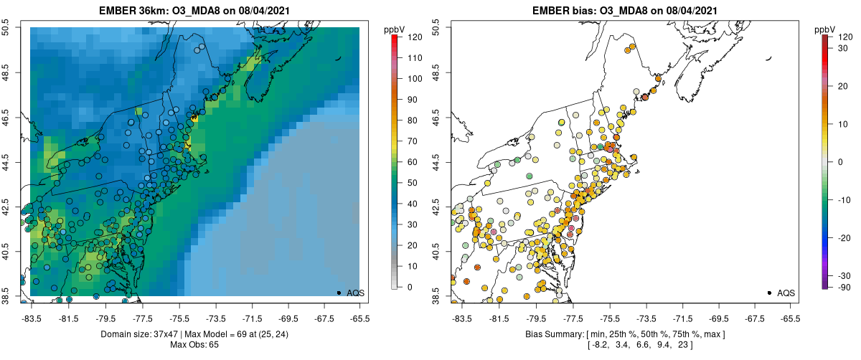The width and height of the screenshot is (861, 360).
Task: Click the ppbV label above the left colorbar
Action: (395, 29)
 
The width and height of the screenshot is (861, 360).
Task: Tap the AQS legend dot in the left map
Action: (339, 293)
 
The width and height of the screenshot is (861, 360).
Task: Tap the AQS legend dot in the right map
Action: (769, 293)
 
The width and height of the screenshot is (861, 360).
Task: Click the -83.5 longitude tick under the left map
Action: (31, 318)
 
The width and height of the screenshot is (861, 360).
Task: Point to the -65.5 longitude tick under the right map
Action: (789, 318)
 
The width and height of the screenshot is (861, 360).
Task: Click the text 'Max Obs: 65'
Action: (194, 345)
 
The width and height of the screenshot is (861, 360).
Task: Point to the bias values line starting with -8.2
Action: (625, 345)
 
